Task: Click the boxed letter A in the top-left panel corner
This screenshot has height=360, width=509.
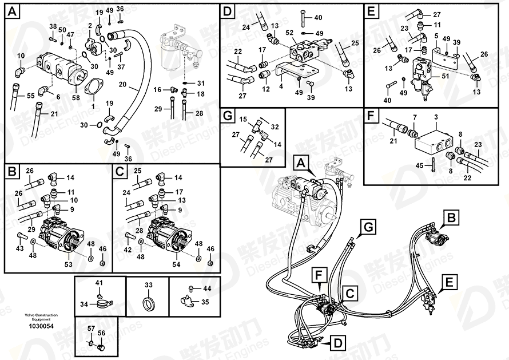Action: tap(12, 11)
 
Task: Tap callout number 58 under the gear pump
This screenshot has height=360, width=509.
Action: tap(76, 98)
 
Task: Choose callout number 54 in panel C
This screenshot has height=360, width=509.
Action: tap(176, 264)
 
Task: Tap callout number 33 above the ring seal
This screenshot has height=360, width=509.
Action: tap(148, 284)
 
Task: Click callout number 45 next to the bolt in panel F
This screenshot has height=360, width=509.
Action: tap(419, 165)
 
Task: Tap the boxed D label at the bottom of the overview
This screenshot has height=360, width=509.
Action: tap(337, 343)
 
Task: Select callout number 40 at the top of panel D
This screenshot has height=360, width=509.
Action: tap(319, 17)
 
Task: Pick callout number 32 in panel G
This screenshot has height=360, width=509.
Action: tap(275, 126)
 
